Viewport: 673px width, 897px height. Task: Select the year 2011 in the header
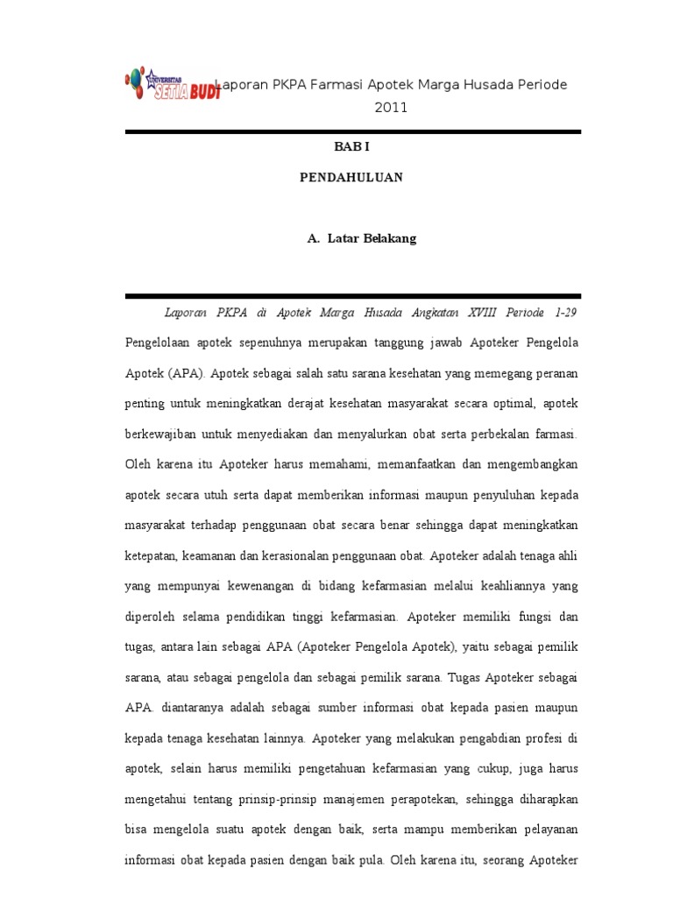[x=391, y=108]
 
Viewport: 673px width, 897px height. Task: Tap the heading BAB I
[x=351, y=150]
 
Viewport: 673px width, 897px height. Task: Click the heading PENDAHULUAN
[x=351, y=177]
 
